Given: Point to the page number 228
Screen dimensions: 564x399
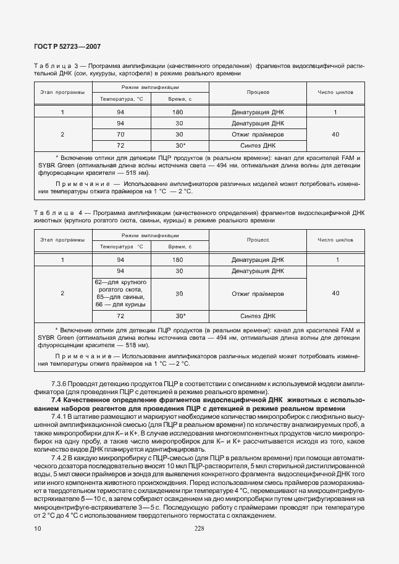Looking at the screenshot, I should tap(199, 528).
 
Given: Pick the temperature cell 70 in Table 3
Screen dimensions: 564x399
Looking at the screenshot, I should tap(120, 134).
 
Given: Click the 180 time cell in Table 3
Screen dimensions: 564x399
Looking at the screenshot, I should tap(179, 112).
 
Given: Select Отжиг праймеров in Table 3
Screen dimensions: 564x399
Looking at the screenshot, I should tap(258, 134).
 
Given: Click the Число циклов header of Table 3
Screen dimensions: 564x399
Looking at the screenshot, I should tap(335, 92).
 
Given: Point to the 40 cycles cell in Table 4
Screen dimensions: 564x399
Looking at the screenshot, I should tap(335, 293).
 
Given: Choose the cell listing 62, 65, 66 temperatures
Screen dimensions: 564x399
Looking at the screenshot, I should tap(120, 293).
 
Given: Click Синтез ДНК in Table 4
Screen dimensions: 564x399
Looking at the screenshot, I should tap(258, 316).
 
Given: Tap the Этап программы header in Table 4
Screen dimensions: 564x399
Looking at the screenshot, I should tap(62, 240).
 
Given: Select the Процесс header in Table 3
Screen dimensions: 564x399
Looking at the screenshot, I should tap(258, 92).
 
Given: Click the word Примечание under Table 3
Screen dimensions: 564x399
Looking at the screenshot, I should tap(84, 184).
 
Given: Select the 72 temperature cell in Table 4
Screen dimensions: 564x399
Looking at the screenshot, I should tap(120, 316).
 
